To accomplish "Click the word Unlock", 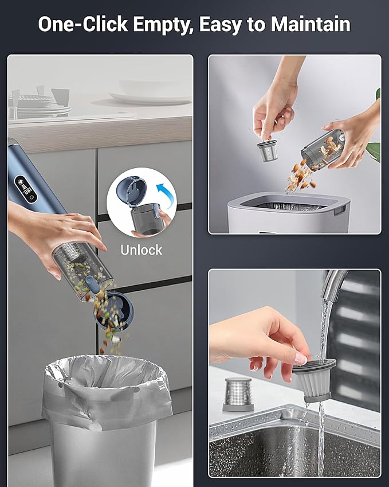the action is click(141, 250).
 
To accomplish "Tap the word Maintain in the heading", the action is click(311, 24).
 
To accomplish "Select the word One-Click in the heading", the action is click(83, 24).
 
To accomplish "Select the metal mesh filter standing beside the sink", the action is click(238, 394).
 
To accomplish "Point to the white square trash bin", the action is click(289, 212).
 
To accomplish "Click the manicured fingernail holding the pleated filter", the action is click(300, 359).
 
